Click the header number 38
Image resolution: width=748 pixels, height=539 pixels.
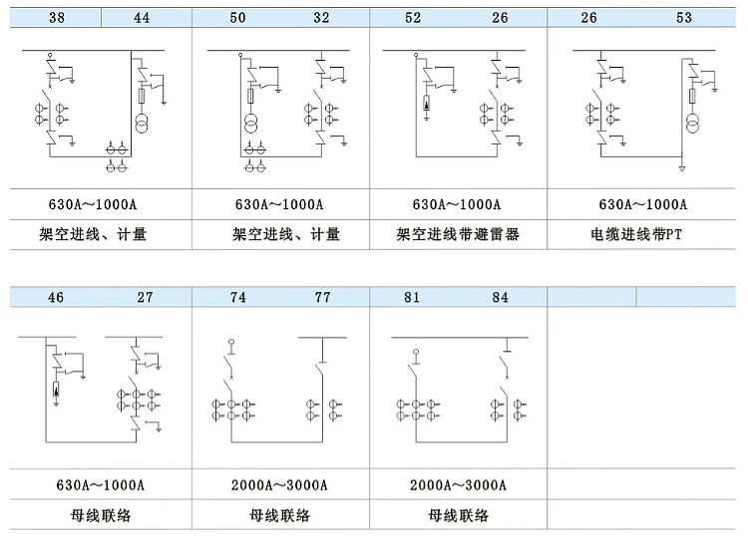point(57,18)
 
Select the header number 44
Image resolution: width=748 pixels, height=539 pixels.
point(142,18)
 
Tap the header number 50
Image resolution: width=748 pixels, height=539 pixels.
point(237,18)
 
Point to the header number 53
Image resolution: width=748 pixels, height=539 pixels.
point(683,18)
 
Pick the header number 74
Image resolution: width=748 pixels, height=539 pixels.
point(238,297)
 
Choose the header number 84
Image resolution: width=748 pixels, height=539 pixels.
point(500,297)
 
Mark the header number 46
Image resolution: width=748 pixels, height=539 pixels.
point(55,297)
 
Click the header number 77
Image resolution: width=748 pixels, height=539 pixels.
point(322,297)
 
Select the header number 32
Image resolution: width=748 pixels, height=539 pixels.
point(321,18)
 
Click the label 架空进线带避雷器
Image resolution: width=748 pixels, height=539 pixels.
point(458,234)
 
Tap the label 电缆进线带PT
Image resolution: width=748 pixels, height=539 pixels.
point(636,234)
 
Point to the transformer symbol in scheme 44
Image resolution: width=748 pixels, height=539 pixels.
point(142,123)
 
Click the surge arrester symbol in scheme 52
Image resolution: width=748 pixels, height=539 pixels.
point(426,104)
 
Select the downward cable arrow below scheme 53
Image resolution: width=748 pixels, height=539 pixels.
point(682,168)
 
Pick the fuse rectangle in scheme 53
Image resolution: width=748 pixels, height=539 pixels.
point(692,96)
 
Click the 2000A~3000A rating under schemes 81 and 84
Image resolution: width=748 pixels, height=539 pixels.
point(458,485)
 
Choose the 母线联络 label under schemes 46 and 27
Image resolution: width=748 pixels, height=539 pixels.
point(101,515)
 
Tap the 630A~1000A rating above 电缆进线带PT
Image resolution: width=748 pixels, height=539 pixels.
point(643,205)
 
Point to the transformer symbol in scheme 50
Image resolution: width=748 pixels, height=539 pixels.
point(250,124)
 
